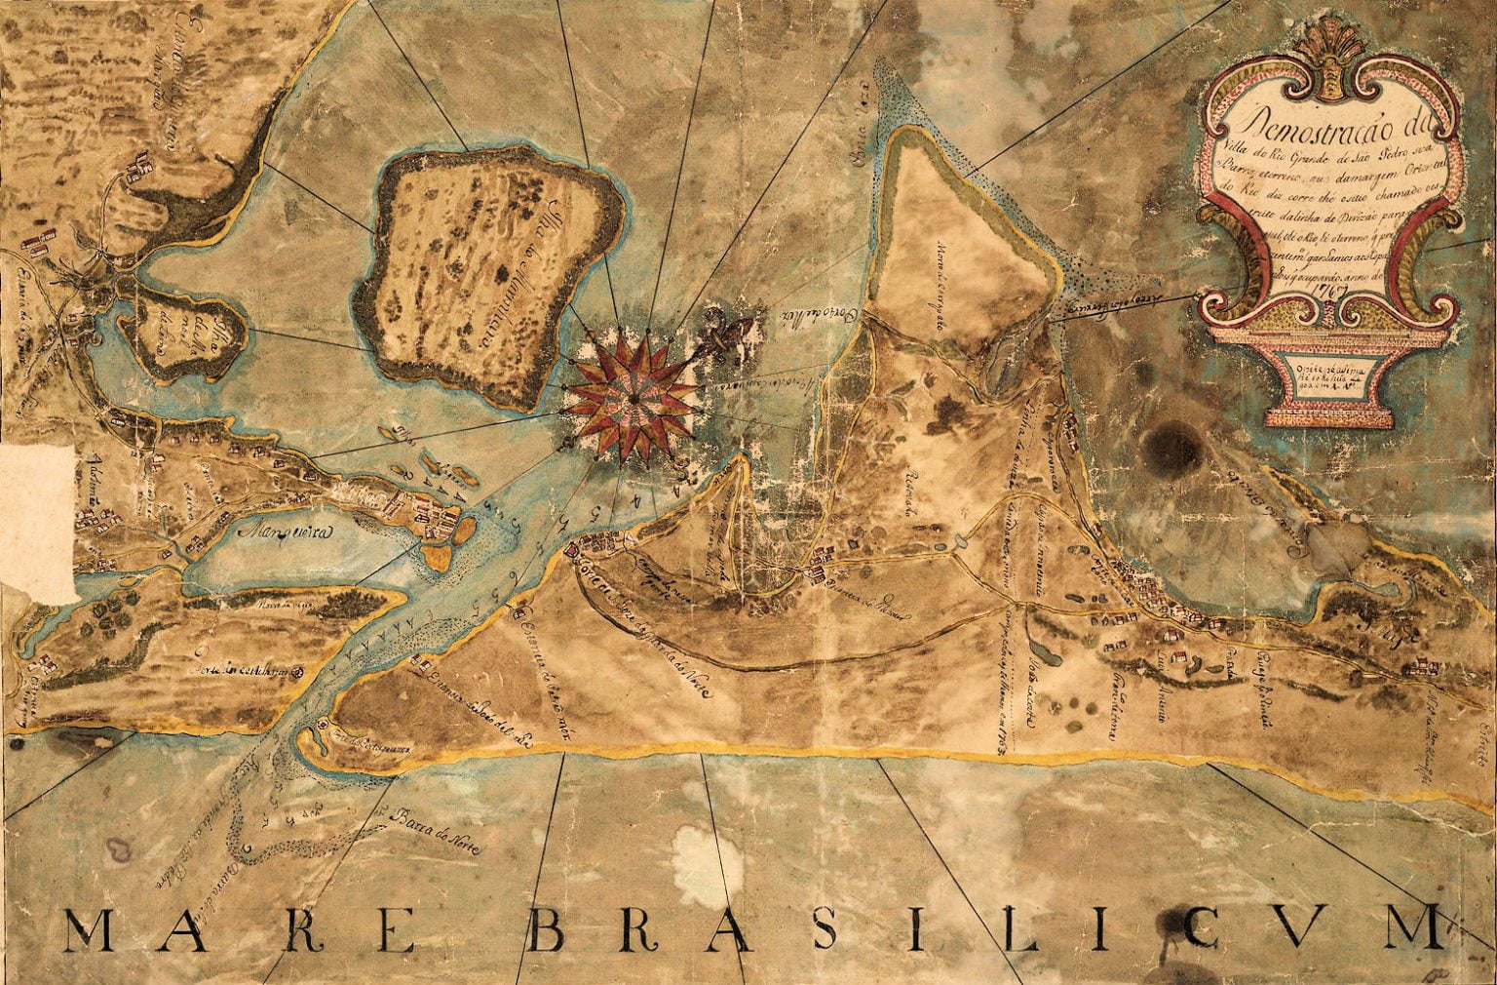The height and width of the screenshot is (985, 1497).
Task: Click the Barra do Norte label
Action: (x=430, y=827)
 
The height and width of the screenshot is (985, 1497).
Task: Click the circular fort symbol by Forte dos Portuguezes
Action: (x=325, y=726)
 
